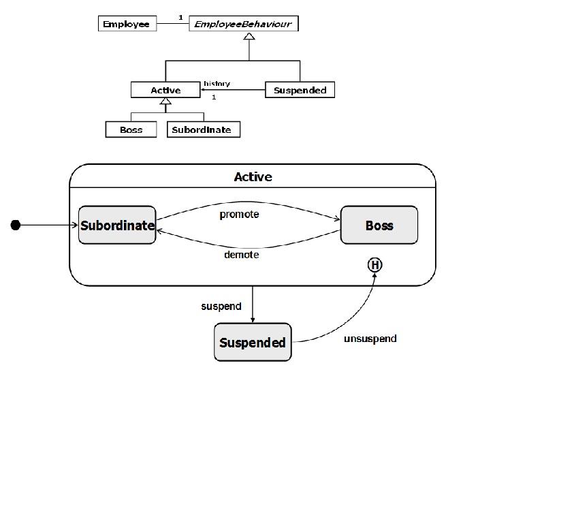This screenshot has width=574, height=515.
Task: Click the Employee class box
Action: (x=127, y=24)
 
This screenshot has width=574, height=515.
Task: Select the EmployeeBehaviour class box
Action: (x=243, y=24)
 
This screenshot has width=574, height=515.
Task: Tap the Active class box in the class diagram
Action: (x=165, y=90)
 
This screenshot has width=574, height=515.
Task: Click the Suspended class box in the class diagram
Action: (x=300, y=90)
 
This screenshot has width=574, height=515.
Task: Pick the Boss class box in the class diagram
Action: (x=131, y=129)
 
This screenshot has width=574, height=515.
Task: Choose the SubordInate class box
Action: (x=203, y=129)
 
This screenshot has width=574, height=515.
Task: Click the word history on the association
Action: (x=217, y=84)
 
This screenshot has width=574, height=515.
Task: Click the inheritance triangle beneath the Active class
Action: (x=165, y=102)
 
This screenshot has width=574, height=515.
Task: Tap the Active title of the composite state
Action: (x=253, y=177)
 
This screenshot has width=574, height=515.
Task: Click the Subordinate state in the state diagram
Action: (x=117, y=225)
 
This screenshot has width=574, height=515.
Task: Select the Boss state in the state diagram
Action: (x=379, y=225)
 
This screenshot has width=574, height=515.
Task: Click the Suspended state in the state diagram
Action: (x=253, y=343)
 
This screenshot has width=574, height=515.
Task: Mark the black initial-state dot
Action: (x=16, y=225)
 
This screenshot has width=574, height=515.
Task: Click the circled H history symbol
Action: (x=374, y=265)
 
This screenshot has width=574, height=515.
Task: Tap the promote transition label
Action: (x=239, y=214)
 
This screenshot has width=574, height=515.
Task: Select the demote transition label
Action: (x=241, y=255)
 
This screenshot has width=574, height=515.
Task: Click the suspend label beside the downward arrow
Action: (x=221, y=307)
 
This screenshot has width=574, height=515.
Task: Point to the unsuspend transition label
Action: (x=370, y=339)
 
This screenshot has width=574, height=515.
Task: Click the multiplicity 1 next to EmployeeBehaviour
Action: (x=180, y=17)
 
